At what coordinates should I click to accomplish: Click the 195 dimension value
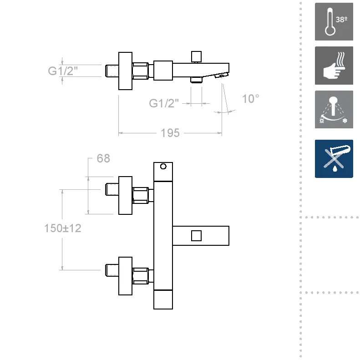point(170,133)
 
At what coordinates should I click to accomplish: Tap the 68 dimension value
point(103,158)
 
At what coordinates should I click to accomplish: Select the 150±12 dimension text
point(63,228)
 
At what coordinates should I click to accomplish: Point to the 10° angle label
point(250,99)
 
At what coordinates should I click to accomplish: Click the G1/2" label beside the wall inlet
point(63,71)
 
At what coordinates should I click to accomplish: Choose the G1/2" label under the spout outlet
point(164,103)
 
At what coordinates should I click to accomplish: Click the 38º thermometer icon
point(334,21)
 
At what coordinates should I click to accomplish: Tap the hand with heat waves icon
point(334,66)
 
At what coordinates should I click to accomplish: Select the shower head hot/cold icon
point(334,109)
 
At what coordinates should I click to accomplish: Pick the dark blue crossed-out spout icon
point(334,159)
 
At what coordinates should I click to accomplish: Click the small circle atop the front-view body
point(163,166)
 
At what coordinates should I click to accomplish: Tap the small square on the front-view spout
point(196,236)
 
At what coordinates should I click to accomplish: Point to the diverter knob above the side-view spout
point(196,57)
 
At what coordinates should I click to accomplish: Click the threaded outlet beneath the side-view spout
point(196,80)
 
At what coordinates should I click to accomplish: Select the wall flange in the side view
point(125,71)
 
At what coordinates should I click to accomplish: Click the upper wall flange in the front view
point(125,195)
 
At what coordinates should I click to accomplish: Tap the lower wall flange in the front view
point(125,276)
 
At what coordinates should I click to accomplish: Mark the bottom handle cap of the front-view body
point(163,299)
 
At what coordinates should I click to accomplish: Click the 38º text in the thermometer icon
point(341,20)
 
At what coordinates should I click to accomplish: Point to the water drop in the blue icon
point(335,169)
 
